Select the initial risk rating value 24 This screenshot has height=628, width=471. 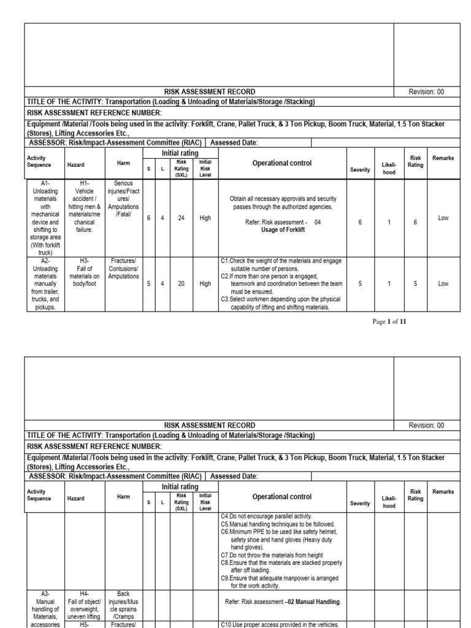pyautogui.click(x=181, y=217)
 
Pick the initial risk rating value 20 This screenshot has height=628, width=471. pyautogui.click(x=181, y=284)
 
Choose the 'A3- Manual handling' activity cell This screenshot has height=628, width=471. pyautogui.click(x=44, y=604)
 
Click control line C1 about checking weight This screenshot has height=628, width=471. pyautogui.click(x=281, y=264)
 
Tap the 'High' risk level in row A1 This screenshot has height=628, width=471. pyautogui.click(x=205, y=217)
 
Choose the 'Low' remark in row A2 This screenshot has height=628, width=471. pyautogui.click(x=443, y=284)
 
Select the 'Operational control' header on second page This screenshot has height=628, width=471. pyautogui.click(x=281, y=497)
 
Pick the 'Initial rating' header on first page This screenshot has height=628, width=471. pyautogui.click(x=180, y=151)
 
